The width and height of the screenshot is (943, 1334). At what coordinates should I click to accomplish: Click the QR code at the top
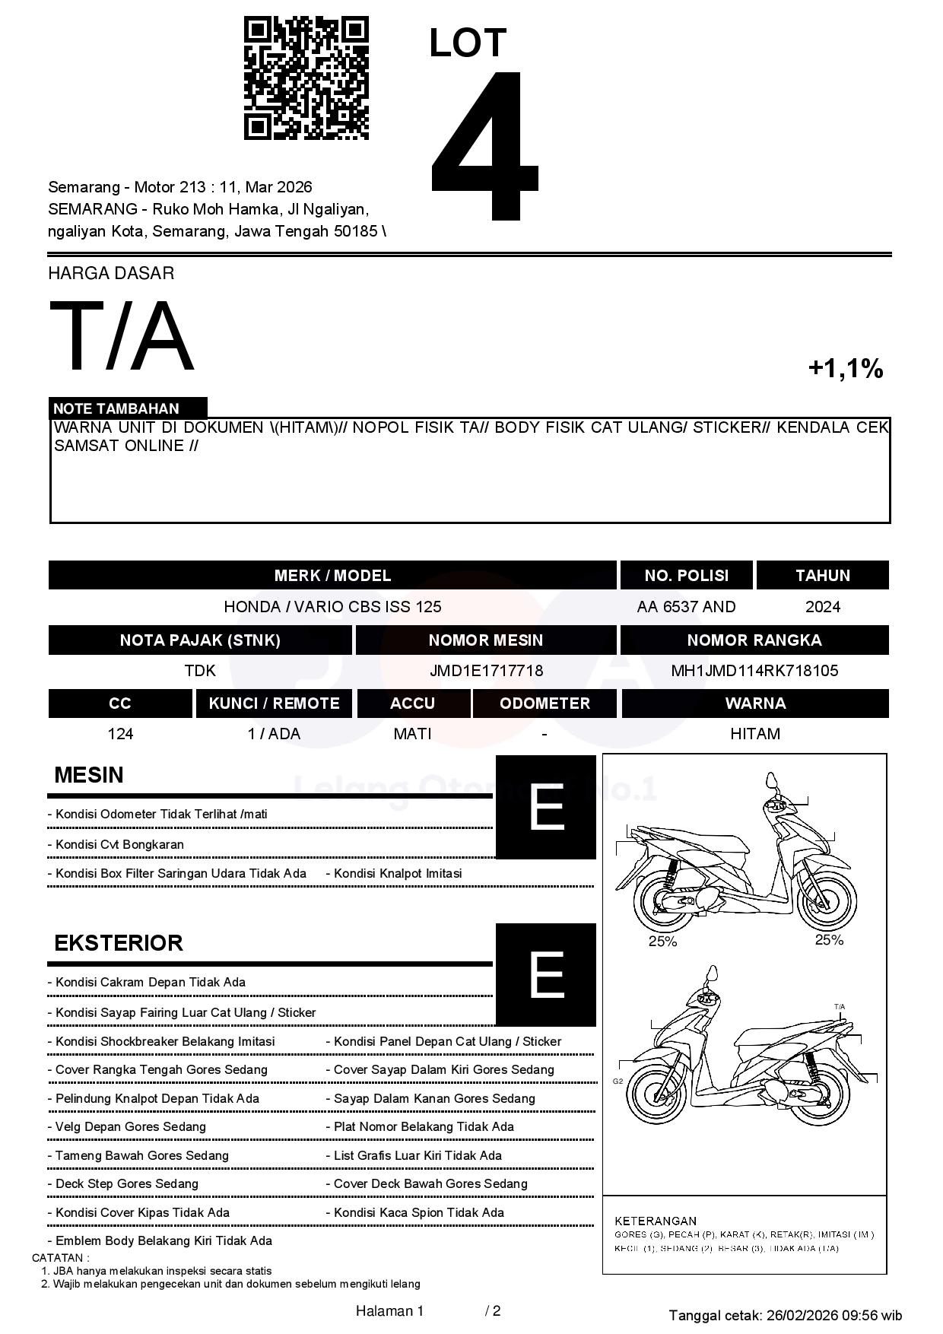pos(306,78)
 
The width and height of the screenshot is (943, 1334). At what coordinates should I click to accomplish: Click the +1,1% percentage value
pos(845,369)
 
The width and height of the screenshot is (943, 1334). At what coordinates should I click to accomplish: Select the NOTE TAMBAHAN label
pos(116,408)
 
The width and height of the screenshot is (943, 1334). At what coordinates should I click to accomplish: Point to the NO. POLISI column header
pos(686,576)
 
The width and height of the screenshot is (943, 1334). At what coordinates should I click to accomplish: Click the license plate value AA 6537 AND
pos(686,607)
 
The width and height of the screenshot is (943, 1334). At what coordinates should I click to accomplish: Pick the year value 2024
pos(823,607)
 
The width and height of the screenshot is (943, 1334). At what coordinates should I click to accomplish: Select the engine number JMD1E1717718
pos(486,671)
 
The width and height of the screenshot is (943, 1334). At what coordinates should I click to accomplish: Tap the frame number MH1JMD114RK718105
pos(754,671)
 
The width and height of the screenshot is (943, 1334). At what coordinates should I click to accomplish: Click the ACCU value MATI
pos(412,734)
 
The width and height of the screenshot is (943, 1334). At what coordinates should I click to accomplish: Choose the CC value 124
pos(120,734)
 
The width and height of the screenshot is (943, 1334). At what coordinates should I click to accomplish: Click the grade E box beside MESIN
pos(546,807)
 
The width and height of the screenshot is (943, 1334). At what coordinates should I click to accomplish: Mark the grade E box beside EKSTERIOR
pos(546,974)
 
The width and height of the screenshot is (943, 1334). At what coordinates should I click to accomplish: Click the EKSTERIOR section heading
pos(119,943)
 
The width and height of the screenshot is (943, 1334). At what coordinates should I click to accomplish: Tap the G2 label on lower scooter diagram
pos(618,1081)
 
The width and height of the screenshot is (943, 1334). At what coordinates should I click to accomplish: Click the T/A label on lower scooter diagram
pos(840,1007)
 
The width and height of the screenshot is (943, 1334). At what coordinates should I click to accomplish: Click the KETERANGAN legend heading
pos(655,1221)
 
